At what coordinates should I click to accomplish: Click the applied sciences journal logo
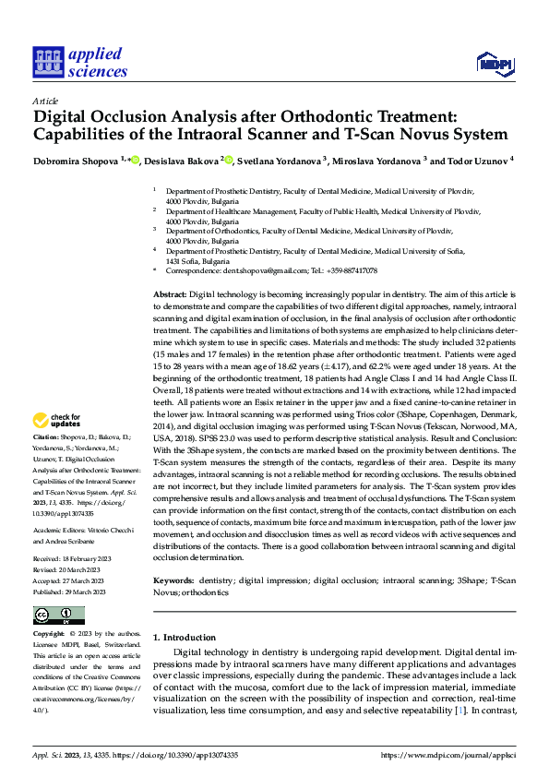click(80, 61)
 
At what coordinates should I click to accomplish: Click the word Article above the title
click(45, 101)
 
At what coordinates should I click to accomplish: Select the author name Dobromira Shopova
click(75, 161)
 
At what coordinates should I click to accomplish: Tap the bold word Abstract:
click(169, 293)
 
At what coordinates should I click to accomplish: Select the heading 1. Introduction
click(184, 638)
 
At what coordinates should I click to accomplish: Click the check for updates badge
click(57, 421)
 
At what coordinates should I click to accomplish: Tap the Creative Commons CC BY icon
click(59, 616)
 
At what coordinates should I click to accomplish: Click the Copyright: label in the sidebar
click(48, 635)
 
